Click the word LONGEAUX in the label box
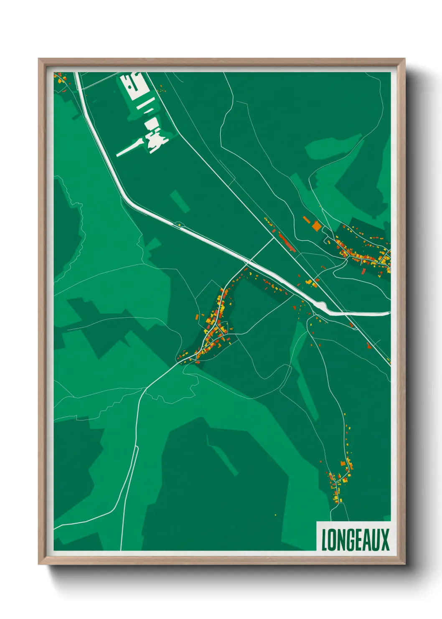[355, 540]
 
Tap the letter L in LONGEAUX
[324, 540]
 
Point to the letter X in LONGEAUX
[384, 540]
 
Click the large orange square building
[317, 226]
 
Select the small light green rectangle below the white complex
[180, 201]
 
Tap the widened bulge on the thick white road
[323, 307]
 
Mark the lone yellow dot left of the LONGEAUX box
[275, 514]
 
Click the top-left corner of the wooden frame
[39, 59]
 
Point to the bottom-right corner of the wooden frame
[404, 563]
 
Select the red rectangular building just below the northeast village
[363, 271]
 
